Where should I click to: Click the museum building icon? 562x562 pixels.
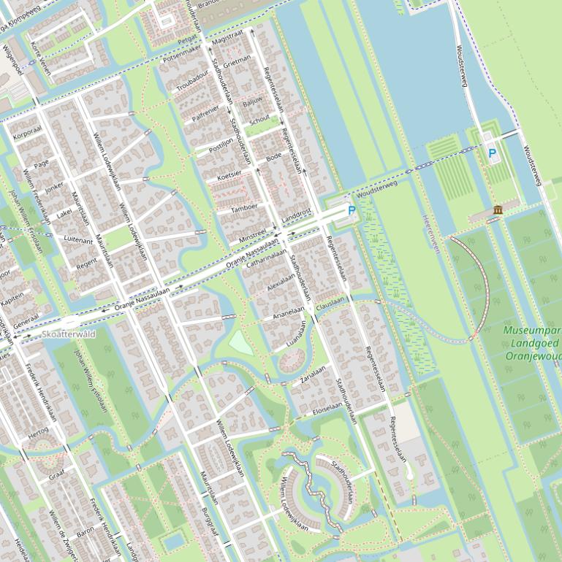click(498, 210)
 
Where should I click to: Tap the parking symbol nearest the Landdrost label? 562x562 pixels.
click(352, 211)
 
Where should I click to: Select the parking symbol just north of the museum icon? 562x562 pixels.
click(492, 154)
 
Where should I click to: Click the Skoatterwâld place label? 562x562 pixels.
click(69, 334)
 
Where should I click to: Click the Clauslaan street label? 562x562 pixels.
click(330, 304)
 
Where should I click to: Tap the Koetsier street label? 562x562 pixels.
click(229, 175)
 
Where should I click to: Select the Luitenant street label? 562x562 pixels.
click(79, 239)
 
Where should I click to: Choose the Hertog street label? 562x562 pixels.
click(38, 432)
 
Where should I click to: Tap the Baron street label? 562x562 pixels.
click(86, 531)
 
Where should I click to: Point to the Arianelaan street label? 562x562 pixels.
click(288, 312)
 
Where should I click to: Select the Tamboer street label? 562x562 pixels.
click(244, 207)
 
